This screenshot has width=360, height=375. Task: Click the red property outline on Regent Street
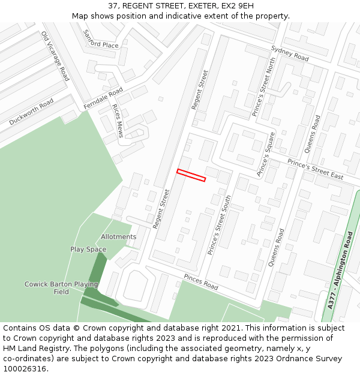pyautogui.click(x=191, y=175)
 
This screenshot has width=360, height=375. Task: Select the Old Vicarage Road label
pyautogui.click(x=55, y=56)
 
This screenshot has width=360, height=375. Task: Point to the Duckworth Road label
pyautogui.click(x=31, y=113)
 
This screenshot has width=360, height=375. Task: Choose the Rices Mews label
pyautogui.click(x=118, y=121)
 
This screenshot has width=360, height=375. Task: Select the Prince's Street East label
pyautogui.click(x=315, y=169)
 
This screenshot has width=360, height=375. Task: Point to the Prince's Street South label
pyautogui.click(x=219, y=225)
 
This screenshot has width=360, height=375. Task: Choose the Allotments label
pyautogui.click(x=118, y=237)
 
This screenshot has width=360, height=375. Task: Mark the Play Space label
pyautogui.click(x=88, y=250)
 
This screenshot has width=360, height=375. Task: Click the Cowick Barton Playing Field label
pyautogui.click(x=61, y=288)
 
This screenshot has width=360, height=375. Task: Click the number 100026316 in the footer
pyautogui.click(x=25, y=369)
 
